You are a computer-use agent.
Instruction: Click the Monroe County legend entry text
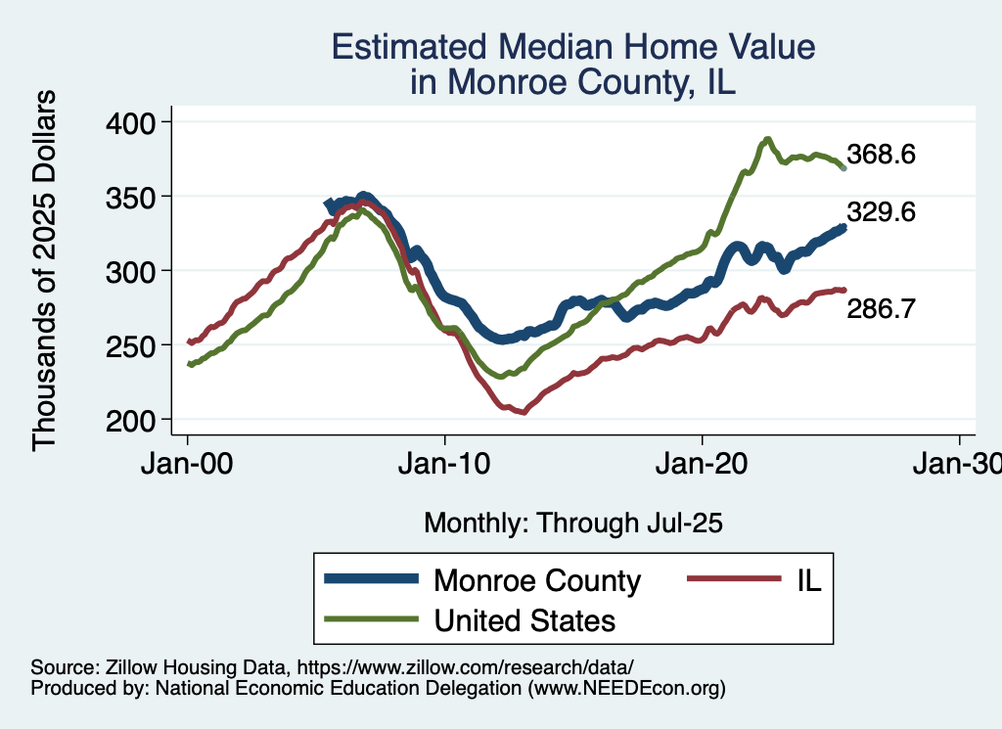tap(537, 580)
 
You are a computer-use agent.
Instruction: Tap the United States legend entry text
tap(524, 620)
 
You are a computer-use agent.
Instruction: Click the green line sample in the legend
tap(371, 620)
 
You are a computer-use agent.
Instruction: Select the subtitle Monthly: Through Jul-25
tap(572, 524)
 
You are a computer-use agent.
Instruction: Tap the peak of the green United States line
tap(768, 139)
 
